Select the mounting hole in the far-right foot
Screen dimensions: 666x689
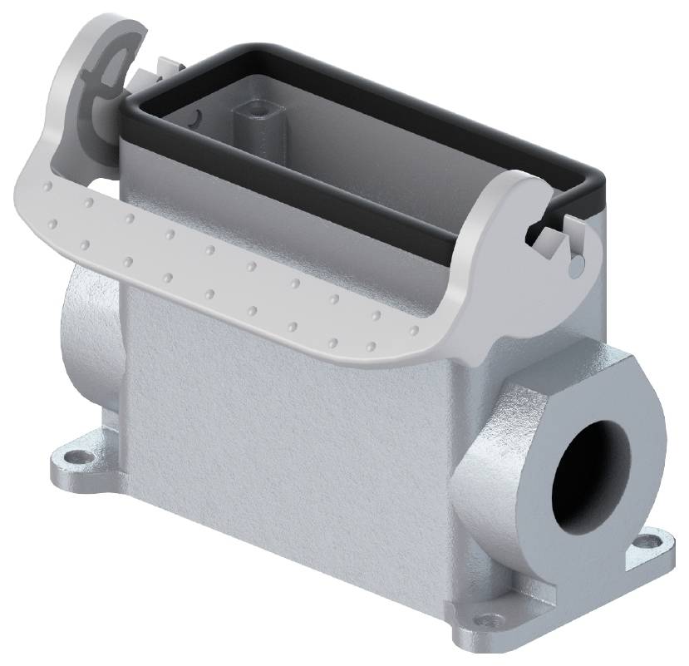pyautogui.click(x=642, y=543)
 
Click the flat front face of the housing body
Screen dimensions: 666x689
pyautogui.click(x=283, y=432)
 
